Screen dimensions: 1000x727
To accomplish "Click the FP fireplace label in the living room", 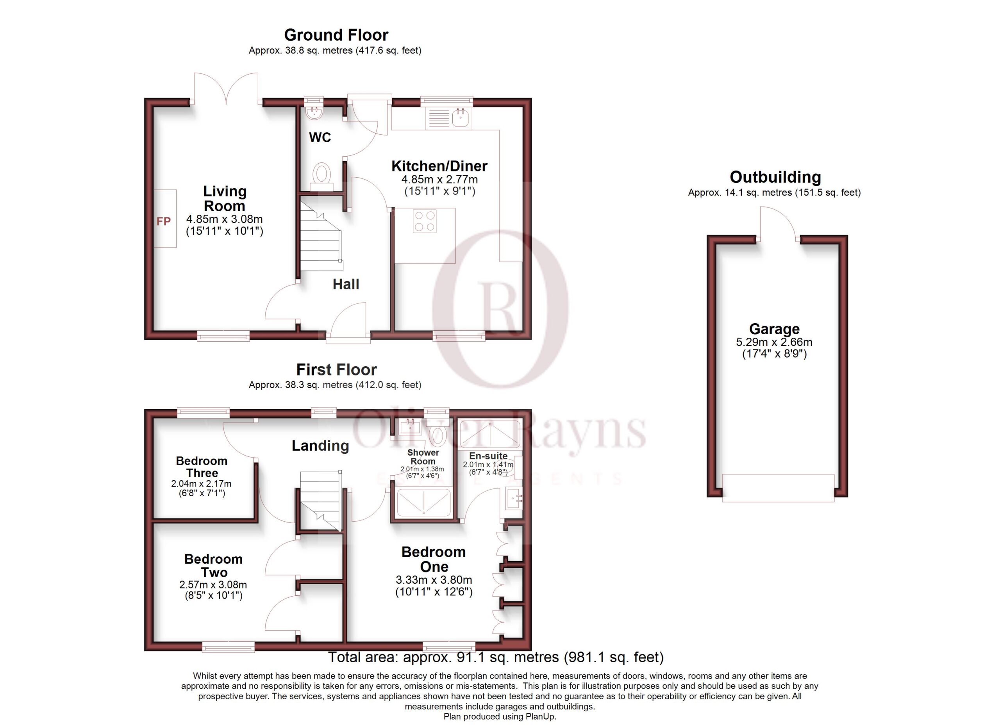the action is (164, 221).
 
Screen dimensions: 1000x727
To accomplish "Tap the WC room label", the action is (320, 137).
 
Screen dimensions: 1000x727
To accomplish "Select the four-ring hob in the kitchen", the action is (425, 221).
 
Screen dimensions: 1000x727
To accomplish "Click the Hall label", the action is (346, 284).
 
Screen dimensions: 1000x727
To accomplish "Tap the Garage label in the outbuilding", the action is (774, 329).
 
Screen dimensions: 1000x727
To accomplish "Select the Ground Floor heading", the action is (336, 35).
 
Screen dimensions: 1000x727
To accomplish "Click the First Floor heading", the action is (336, 369).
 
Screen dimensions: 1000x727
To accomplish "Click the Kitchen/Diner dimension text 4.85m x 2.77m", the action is (439, 179).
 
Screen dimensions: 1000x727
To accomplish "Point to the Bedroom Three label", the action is (202, 467).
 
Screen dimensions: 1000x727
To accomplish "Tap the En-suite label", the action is (488, 456).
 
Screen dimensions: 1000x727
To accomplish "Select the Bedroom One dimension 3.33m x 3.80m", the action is (434, 580).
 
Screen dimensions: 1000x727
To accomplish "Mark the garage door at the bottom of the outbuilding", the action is (778, 488).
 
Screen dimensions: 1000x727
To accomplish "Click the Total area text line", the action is (496, 658).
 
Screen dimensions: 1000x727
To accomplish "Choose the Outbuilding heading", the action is (775, 177).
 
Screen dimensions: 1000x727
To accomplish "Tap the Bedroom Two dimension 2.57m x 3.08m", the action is (213, 584).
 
